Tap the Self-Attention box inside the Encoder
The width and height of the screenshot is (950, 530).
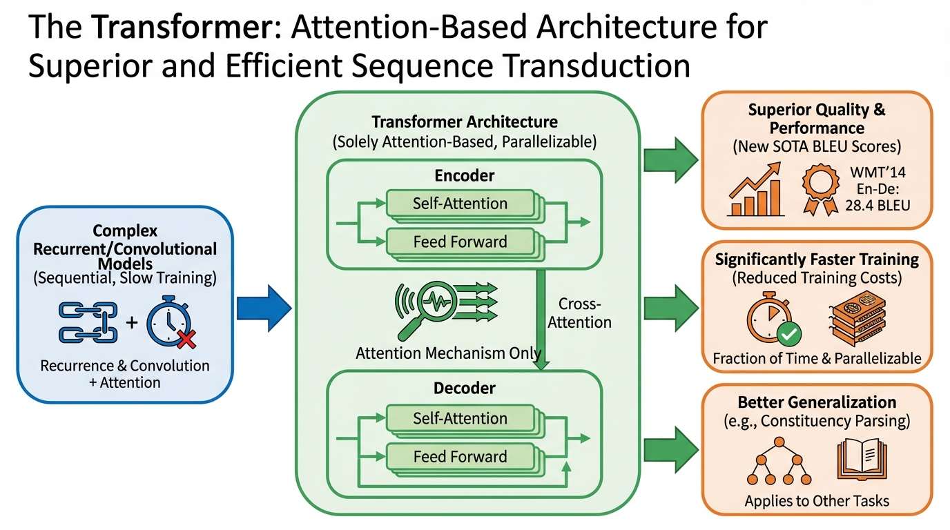pyautogui.click(x=460, y=204)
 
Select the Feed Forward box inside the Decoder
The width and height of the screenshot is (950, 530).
pyautogui.click(x=460, y=456)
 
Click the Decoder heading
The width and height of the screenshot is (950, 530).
pyautogui.click(x=464, y=389)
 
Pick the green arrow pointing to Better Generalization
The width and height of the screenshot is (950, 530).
pyautogui.click(x=670, y=449)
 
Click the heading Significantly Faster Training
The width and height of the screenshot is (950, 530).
pyautogui.click(x=817, y=259)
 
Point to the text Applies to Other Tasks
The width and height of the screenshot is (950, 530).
pyautogui.click(x=817, y=501)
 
